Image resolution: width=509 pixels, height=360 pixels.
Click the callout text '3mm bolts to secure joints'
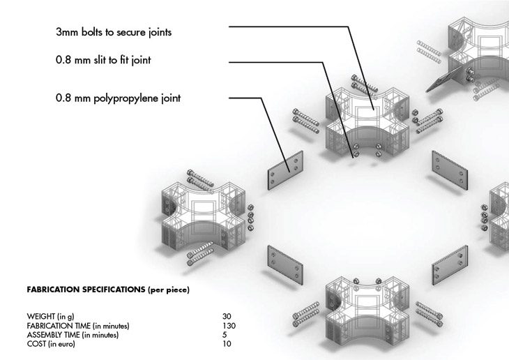click(114, 32)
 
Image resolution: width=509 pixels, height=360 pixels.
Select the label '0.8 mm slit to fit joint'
click(103, 60)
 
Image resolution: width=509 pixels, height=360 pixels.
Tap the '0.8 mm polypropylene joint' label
click(118, 98)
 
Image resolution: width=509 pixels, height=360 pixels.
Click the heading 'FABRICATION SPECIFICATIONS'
click(86, 290)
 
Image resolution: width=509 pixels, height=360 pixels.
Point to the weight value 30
click(227, 316)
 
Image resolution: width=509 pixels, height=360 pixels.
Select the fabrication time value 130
click(229, 326)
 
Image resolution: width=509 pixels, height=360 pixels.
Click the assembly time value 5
click(225, 335)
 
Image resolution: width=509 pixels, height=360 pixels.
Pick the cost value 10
click(227, 344)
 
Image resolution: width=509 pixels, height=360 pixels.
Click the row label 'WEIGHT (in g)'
click(50, 317)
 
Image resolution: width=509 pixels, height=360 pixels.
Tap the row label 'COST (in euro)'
click(51, 344)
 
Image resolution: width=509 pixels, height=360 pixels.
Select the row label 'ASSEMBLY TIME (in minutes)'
click(73, 335)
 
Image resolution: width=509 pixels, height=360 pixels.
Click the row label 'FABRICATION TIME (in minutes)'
click(78, 326)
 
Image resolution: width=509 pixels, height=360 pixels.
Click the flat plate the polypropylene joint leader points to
click(285, 170)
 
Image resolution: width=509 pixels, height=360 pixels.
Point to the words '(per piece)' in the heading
click(169, 290)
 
